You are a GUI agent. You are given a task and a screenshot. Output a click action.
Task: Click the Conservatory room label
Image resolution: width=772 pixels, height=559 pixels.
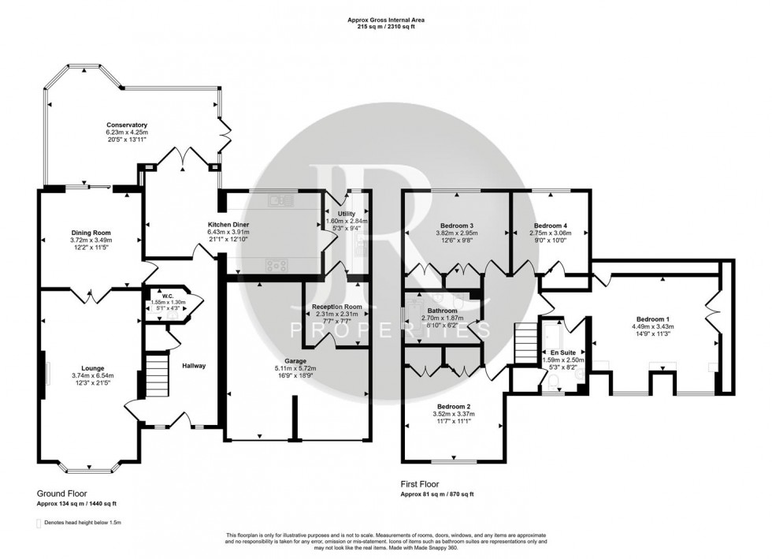127,125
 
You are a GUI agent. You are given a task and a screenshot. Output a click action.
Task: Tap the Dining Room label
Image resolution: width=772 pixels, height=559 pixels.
91,233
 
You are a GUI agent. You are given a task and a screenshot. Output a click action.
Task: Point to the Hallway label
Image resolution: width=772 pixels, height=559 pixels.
194,365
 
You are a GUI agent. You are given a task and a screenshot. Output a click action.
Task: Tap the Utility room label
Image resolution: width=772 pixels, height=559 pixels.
346,214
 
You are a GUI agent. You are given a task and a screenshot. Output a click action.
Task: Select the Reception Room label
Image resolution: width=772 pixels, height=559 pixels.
336,307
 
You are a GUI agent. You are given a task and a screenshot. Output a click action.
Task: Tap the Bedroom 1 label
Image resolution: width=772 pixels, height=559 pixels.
652,319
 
